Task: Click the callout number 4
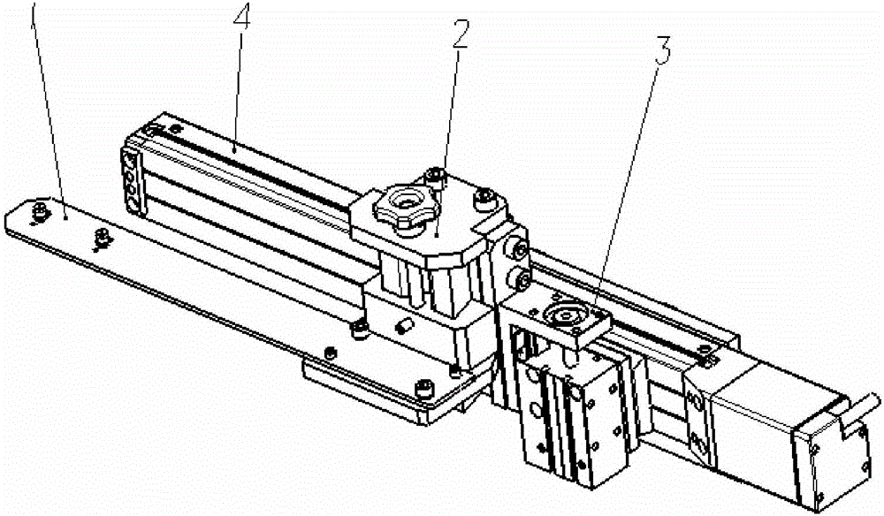(240, 18)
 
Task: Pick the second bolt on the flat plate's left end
(102, 239)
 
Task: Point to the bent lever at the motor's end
(857, 414)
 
